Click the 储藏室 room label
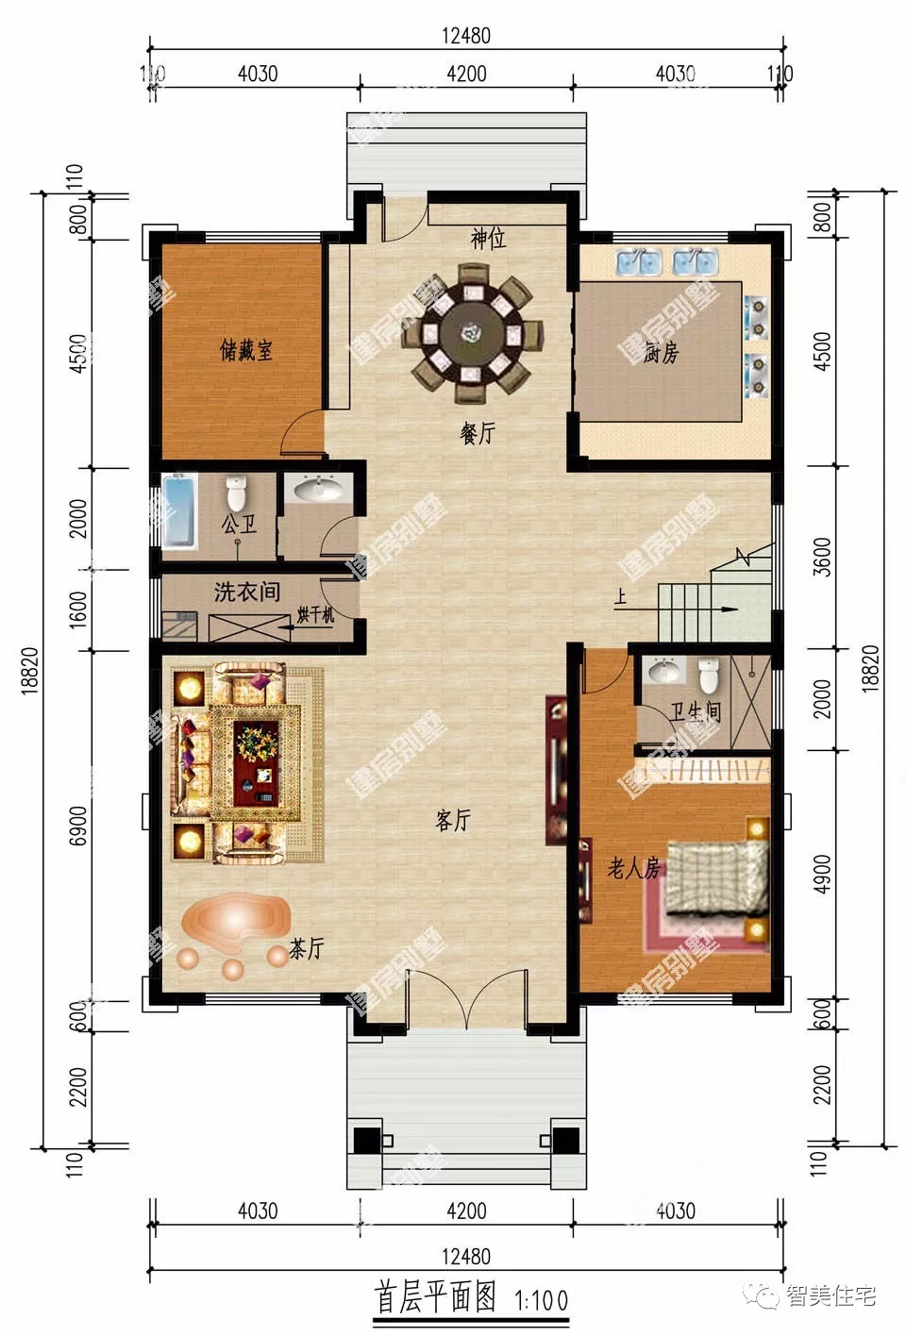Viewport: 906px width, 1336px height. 246,350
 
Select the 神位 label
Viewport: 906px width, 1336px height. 488,239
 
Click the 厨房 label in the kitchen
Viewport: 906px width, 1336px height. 662,353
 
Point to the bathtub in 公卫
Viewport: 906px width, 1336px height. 178,511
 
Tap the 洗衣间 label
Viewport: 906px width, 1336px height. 246,592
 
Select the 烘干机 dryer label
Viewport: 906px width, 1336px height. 315,615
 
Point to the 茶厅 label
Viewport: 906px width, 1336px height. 306,948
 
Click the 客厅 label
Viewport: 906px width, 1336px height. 453,820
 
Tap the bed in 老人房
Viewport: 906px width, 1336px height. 715,877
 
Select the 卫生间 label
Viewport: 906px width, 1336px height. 696,711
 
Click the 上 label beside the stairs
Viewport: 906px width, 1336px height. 620,597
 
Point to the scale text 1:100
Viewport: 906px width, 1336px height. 541,1301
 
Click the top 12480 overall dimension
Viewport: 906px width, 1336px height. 466,36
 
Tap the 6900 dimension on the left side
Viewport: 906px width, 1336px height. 79,825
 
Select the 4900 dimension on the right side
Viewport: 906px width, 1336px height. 822,875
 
